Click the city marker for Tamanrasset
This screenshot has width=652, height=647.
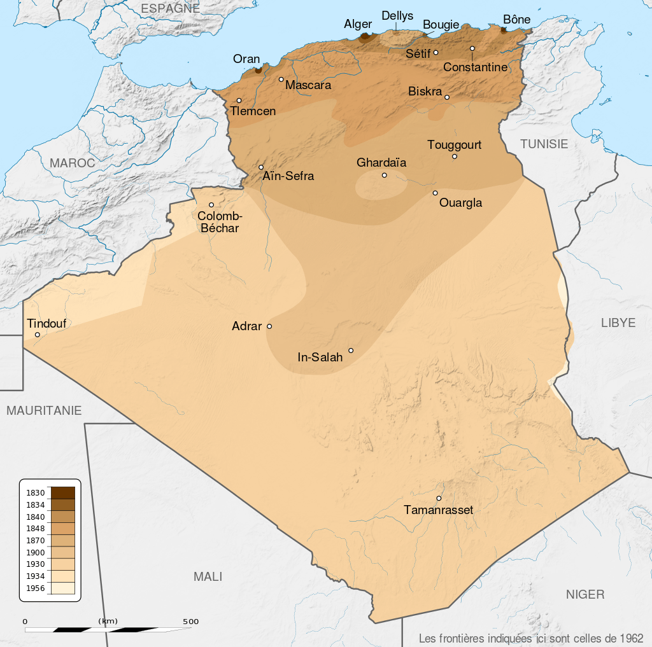(439, 498)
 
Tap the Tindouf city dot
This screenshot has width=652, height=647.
(38, 335)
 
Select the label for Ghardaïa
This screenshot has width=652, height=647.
(381, 163)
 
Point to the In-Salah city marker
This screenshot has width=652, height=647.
(351, 351)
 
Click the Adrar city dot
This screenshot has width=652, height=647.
(269, 326)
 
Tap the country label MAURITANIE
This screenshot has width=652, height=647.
(45, 411)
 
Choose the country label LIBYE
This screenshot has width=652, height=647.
(618, 323)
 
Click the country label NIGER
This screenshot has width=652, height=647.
(585, 595)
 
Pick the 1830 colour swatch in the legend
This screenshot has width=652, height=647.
(63, 492)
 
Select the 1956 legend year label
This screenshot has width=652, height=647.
(36, 588)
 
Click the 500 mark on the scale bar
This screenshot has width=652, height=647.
(191, 622)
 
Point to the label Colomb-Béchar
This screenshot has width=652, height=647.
(219, 222)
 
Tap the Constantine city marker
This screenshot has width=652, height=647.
(472, 49)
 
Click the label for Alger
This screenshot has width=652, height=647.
(358, 24)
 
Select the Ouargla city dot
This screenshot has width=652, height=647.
(436, 193)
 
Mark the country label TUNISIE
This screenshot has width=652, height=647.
(544, 144)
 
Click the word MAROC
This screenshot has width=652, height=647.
(73, 163)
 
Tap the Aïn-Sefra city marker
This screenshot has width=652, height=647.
(261, 167)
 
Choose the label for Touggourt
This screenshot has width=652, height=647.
(455, 145)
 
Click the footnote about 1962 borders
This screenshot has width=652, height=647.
(531, 638)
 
